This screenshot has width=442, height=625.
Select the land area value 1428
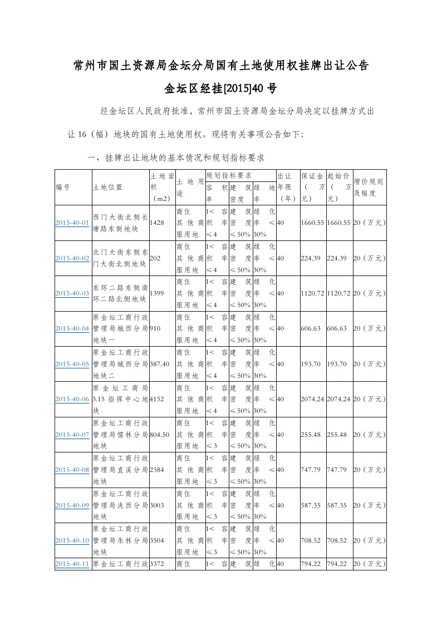[x=158, y=223]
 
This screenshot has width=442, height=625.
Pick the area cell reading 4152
[x=158, y=399]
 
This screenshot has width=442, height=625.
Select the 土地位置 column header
[x=108, y=188]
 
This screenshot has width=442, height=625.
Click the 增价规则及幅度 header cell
[x=369, y=188]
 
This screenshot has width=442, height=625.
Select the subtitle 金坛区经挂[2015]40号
[x=221, y=88]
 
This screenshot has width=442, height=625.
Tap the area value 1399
[x=158, y=293]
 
